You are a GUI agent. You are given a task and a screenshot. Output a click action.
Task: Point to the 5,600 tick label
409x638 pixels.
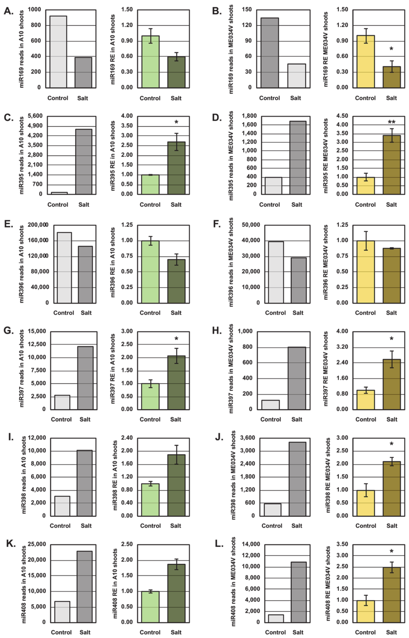click(35, 116)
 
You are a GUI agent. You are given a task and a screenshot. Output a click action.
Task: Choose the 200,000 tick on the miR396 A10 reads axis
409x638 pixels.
click(38, 225)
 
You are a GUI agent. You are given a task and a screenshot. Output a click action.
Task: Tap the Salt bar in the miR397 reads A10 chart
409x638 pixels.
click(85, 378)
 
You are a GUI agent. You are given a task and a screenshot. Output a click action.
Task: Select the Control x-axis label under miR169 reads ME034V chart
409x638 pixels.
click(269, 98)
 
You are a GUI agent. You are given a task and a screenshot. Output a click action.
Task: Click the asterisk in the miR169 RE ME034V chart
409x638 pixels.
click(391, 49)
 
